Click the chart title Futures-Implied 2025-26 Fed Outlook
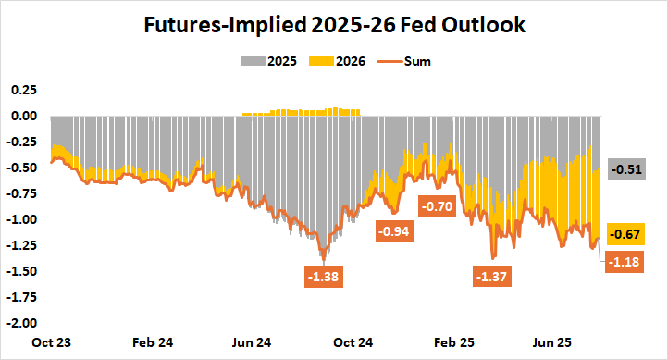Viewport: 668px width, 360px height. pos(335,26)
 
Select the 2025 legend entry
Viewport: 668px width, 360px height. pos(274,62)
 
